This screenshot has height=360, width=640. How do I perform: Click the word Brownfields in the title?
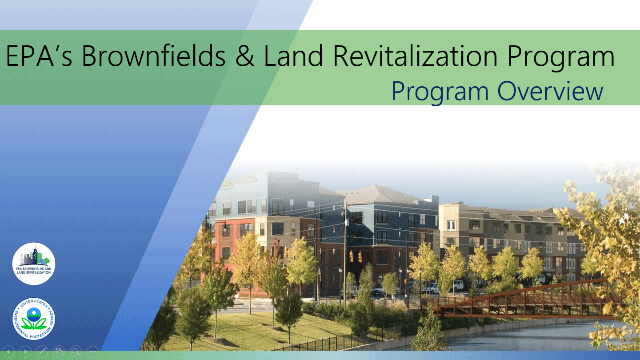[x=153, y=56]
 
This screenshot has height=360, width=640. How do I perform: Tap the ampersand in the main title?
[x=245, y=56]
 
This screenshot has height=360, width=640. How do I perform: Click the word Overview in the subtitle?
[x=550, y=91]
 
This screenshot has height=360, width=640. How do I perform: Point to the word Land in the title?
[x=293, y=56]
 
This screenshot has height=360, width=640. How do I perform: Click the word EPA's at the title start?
[x=39, y=56]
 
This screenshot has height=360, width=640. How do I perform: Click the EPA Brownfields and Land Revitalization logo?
[x=34, y=264]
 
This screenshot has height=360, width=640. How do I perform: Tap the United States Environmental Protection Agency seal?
[x=34, y=319]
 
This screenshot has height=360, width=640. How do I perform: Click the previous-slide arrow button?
[x=8, y=352]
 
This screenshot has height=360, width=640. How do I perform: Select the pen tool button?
[x=42, y=352]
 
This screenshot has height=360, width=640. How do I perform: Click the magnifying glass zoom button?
[x=76, y=352]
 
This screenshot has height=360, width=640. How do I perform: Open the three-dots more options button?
[x=93, y=352]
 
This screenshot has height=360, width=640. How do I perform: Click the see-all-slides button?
[x=59, y=352]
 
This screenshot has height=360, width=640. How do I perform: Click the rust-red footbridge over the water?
[x=523, y=300]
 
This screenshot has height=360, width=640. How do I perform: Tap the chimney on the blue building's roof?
[x=434, y=200]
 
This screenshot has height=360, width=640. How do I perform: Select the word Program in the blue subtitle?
[x=440, y=92]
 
